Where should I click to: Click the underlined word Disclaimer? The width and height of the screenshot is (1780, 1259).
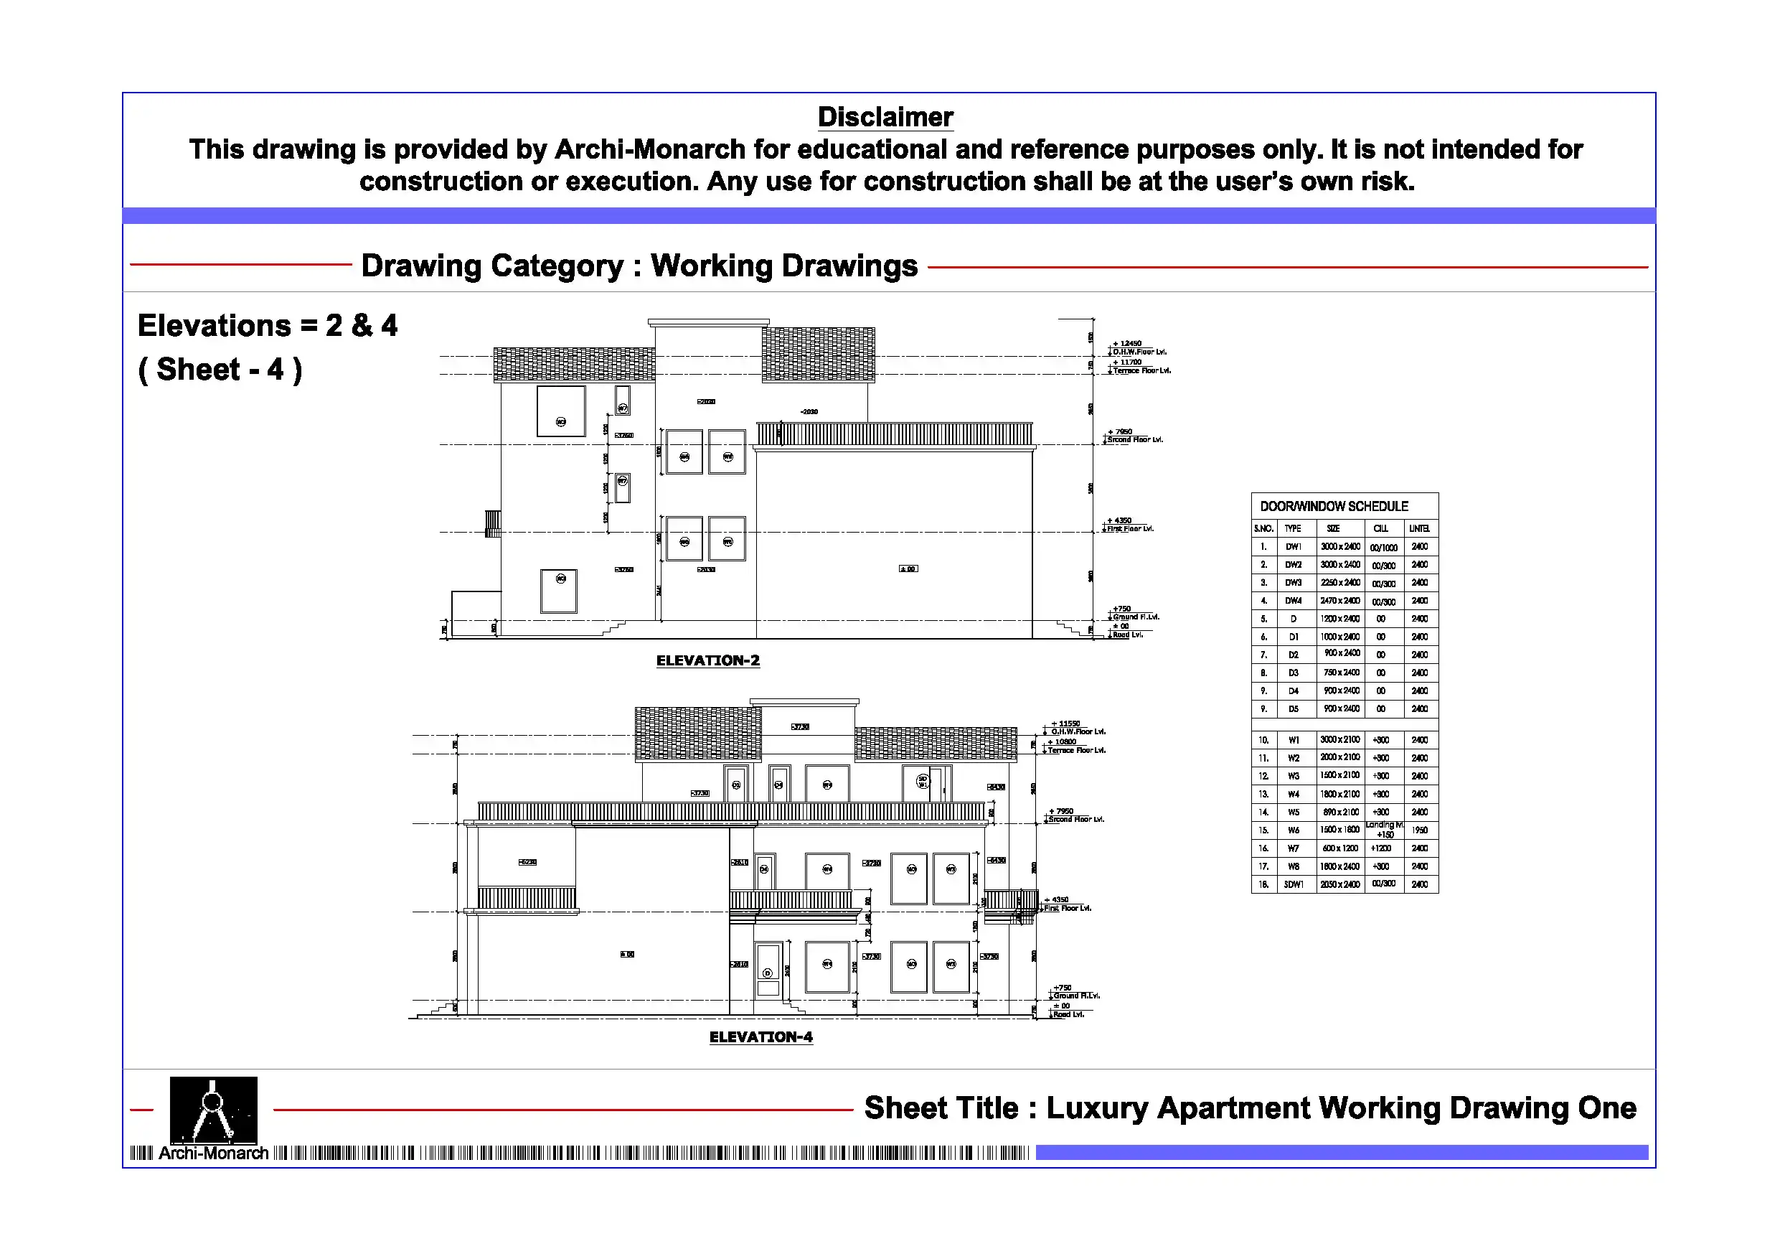pyautogui.click(x=885, y=117)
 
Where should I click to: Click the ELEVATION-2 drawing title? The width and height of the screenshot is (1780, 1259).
pyautogui.click(x=708, y=660)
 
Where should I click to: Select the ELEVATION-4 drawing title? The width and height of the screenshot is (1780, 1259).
pyautogui.click(x=760, y=1037)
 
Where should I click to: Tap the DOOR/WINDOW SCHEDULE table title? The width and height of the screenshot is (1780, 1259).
pyautogui.click(x=1334, y=507)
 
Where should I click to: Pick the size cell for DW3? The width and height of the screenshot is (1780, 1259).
pyautogui.click(x=1340, y=583)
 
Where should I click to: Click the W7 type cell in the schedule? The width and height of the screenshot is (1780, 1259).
pyautogui.click(x=1293, y=848)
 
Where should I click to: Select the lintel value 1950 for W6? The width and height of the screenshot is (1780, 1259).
pyautogui.click(x=1420, y=830)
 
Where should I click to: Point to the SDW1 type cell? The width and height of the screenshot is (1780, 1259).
pyautogui.click(x=1293, y=884)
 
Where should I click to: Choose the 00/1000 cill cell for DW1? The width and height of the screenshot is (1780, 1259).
pyautogui.click(x=1384, y=548)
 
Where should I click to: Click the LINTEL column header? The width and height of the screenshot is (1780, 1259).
pyautogui.click(x=1420, y=528)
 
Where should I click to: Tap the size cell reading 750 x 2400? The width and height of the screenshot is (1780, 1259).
pyautogui.click(x=1340, y=673)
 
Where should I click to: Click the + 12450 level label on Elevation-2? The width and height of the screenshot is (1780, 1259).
pyautogui.click(x=1127, y=343)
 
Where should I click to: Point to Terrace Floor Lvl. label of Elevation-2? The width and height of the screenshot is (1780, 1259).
pyautogui.click(x=1142, y=371)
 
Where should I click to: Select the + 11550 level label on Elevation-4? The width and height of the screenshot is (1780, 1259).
pyautogui.click(x=1065, y=723)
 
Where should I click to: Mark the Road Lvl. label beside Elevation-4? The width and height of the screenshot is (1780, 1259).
pyautogui.click(x=1067, y=1015)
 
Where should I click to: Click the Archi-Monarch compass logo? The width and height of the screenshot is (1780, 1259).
pyautogui.click(x=213, y=1110)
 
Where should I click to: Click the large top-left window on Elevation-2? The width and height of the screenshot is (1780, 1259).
pyautogui.click(x=560, y=411)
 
